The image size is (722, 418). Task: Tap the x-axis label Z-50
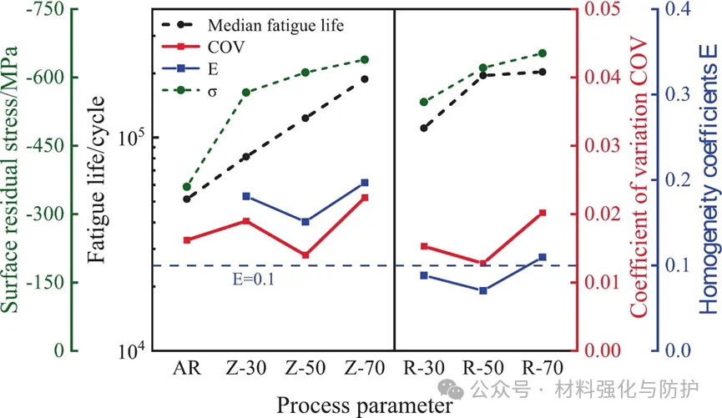pyautogui.click(x=305, y=368)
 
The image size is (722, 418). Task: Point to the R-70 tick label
pyautogui.click(x=543, y=368)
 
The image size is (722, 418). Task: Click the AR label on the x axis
pyautogui.click(x=186, y=368)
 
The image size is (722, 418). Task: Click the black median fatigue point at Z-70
pyautogui.click(x=364, y=79)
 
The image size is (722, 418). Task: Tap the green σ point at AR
pyautogui.click(x=187, y=187)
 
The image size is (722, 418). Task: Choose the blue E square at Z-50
pyautogui.click(x=305, y=222)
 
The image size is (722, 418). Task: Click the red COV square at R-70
pyautogui.click(x=543, y=214)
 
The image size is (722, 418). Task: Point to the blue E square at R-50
pyautogui.click(x=483, y=290)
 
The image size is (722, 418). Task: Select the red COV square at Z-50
pyautogui.click(x=305, y=255)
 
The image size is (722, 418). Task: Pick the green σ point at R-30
pyautogui.click(x=424, y=102)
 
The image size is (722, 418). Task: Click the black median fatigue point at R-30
pyautogui.click(x=424, y=128)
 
